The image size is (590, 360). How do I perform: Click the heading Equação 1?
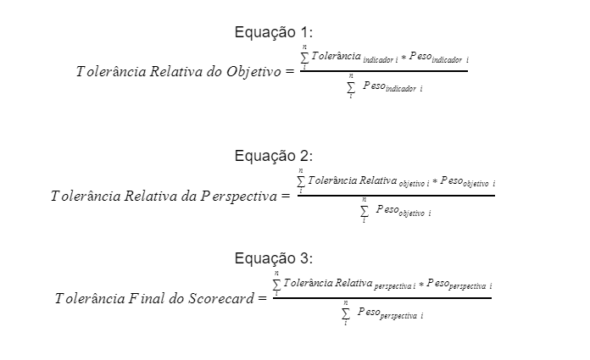[274, 32]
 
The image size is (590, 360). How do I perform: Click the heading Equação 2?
[274, 156]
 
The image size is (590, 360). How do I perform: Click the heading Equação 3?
[274, 258]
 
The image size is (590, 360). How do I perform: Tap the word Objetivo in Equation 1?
[253, 71]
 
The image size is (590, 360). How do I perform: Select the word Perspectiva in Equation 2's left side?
[238, 196]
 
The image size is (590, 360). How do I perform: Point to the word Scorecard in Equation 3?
[221, 298]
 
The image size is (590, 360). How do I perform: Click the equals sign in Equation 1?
[290, 71]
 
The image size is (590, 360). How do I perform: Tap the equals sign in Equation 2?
[286, 196]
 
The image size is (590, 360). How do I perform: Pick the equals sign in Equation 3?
[262, 298]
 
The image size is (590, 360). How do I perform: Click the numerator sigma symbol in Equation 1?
[304, 58]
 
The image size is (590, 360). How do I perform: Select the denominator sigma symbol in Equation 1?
[351, 87]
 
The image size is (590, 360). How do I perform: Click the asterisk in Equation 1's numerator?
[404, 58]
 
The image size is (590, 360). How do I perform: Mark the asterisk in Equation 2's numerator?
[435, 181]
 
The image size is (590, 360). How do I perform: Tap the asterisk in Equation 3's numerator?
[421, 285]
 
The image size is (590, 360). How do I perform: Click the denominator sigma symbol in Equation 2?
[364, 211]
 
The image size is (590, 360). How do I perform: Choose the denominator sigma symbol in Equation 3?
[345, 313]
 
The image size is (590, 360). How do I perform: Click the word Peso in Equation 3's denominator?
[369, 312]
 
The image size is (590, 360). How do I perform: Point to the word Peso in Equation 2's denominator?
[387, 209]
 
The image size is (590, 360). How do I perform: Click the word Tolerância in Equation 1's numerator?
[336, 56]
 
